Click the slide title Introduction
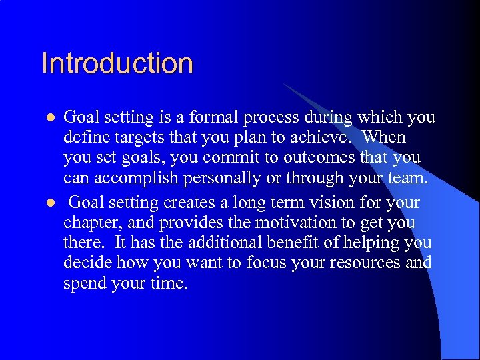click(117, 63)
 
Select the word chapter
click(88, 222)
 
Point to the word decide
click(83, 263)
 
